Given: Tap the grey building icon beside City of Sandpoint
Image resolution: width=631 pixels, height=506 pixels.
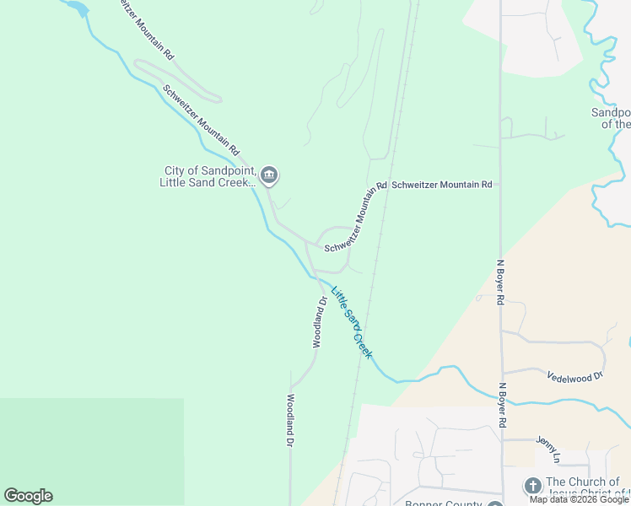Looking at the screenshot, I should click(x=269, y=176).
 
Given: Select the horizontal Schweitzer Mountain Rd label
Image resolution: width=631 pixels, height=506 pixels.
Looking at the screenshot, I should click(x=441, y=184).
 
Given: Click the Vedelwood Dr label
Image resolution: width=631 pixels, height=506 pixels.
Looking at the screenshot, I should click(x=575, y=375).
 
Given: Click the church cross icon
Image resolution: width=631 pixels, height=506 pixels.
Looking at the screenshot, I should click(x=532, y=486).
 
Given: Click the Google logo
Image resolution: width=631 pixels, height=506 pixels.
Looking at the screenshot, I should click(x=28, y=496).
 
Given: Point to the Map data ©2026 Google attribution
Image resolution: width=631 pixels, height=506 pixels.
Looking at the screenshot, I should click(x=579, y=499).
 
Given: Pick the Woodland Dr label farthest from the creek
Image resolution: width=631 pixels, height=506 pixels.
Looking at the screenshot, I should click(x=289, y=420).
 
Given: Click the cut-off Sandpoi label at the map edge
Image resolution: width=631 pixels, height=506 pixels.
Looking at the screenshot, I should click(x=610, y=118).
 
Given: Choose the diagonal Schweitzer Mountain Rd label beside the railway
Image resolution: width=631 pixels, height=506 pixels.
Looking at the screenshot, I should click(x=354, y=216).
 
